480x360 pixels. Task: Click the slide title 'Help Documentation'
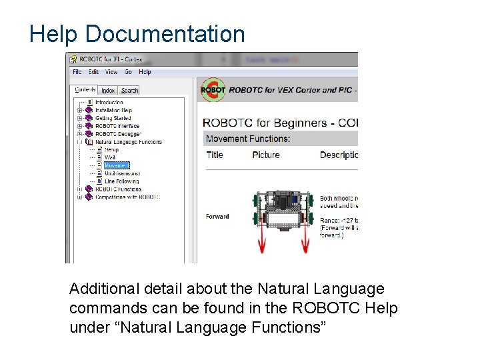point(137,34)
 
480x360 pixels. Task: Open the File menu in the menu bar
point(77,72)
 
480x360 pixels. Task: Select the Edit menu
point(93,72)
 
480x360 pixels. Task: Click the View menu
point(111,72)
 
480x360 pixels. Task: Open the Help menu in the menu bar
point(145,72)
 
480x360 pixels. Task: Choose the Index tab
point(108,90)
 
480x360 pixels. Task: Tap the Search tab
point(129,90)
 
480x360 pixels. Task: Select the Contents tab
point(85,89)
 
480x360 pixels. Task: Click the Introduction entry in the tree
point(109,103)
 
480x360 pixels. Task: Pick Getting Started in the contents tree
point(113,118)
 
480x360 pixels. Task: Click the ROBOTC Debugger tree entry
point(118,134)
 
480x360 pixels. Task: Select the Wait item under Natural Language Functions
point(110,157)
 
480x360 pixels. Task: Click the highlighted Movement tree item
point(117,165)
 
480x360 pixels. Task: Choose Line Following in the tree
point(121,181)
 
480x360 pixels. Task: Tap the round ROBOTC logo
point(213,89)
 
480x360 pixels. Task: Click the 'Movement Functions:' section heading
point(248,139)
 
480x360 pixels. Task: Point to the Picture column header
point(266,155)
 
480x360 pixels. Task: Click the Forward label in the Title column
point(217,216)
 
